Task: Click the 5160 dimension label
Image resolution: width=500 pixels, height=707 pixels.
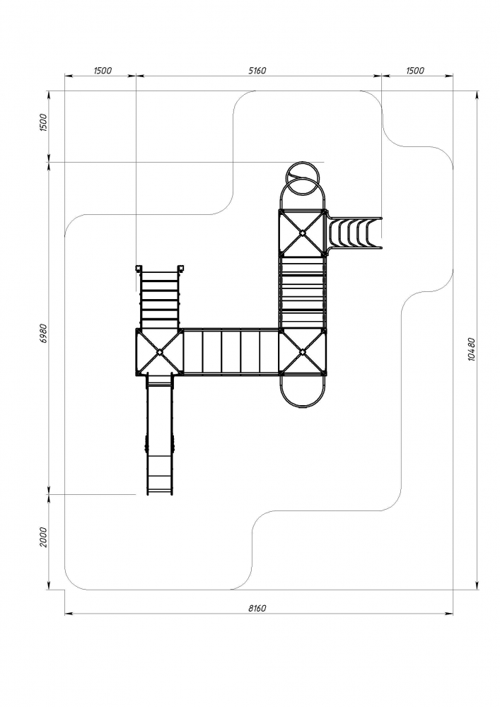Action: tap(257, 71)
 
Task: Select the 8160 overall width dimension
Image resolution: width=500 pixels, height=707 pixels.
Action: tap(257, 608)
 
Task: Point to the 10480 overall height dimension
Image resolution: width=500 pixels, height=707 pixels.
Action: tap(472, 348)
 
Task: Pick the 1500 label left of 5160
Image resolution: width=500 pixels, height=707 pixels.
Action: tap(103, 71)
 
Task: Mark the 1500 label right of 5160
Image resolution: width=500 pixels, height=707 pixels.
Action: tap(415, 71)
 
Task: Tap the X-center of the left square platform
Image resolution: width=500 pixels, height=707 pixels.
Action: tap(160, 351)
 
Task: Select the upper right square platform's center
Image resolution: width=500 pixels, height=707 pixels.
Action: tap(303, 233)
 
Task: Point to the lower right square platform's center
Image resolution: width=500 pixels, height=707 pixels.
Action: tap(303, 351)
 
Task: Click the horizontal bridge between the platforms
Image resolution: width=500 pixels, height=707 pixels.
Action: tap(231, 351)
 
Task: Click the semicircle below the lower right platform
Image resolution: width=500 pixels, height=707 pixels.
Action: tap(303, 391)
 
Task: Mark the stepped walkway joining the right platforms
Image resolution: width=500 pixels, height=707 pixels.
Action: tap(303, 291)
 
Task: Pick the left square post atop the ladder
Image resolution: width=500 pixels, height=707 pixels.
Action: tap(139, 268)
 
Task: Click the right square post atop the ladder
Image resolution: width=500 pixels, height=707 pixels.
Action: tap(181, 268)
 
